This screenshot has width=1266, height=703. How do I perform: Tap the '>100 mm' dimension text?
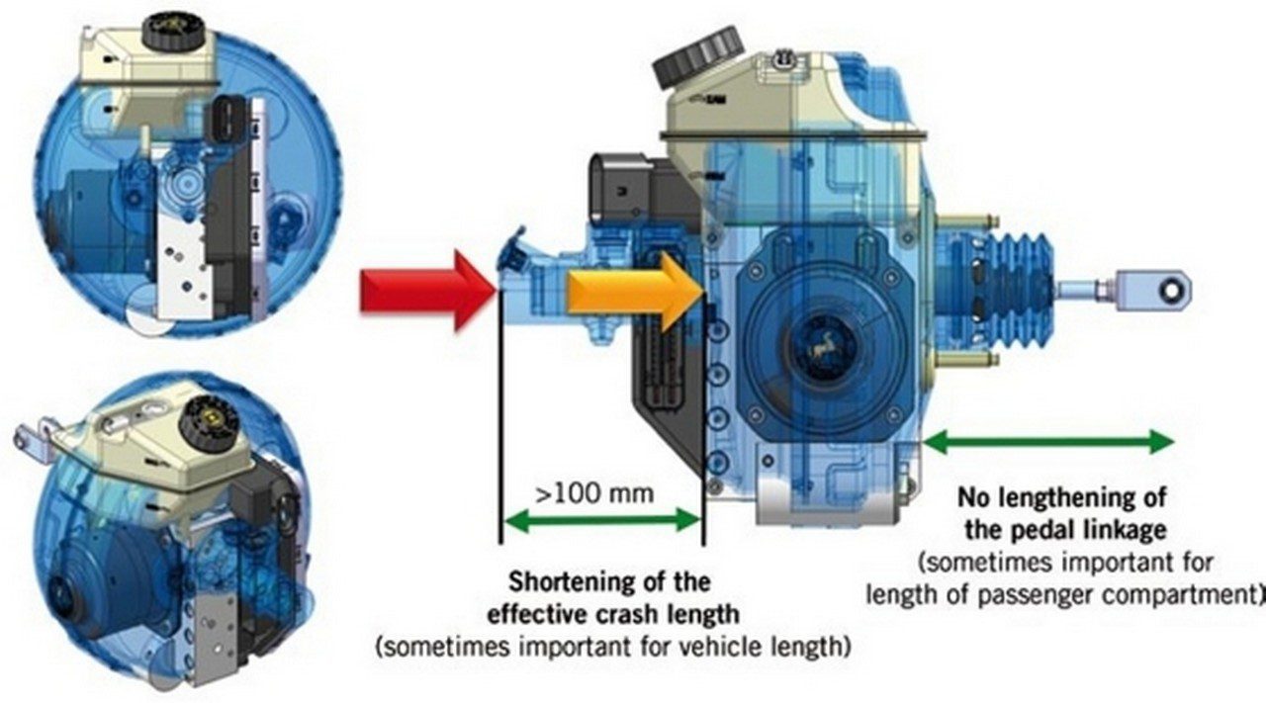pyautogui.click(x=594, y=494)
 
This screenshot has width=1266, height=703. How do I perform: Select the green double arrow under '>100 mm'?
pyautogui.click(x=601, y=520)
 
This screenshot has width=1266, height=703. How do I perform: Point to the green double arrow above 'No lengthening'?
pyautogui.click(x=1048, y=441)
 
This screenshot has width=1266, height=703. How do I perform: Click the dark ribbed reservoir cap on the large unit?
pyautogui.click(x=697, y=55)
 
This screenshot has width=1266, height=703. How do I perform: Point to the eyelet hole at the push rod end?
pyautogui.click(x=1167, y=291)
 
